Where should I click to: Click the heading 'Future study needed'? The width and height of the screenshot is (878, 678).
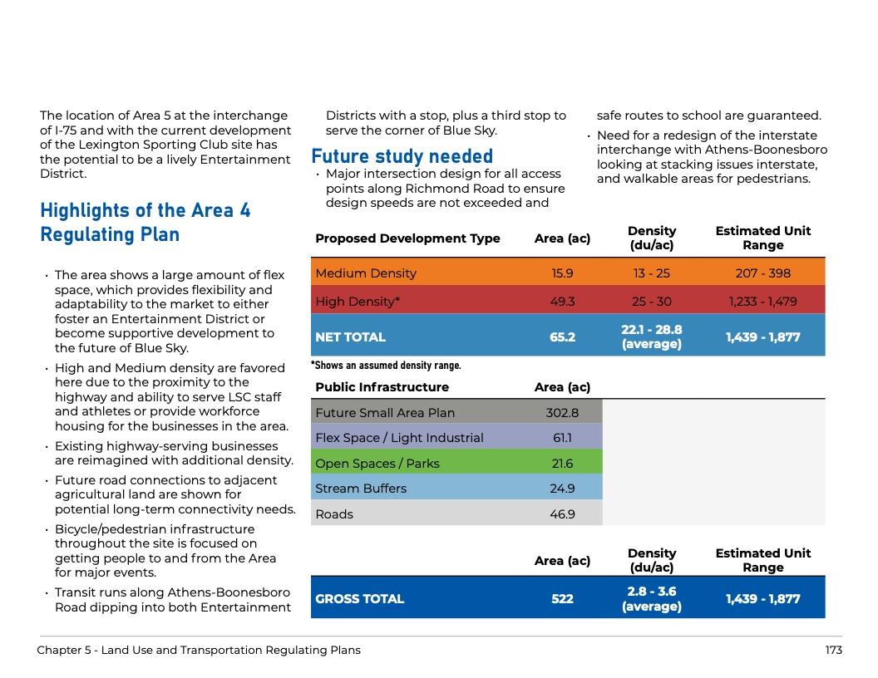click(402, 156)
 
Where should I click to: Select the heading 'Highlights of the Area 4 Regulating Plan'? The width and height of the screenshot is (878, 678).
click(145, 223)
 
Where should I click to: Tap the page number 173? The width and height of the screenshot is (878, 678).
click(833, 650)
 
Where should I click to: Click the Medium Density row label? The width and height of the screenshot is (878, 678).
click(366, 273)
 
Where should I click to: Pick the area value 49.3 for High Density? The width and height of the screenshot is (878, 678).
click(562, 301)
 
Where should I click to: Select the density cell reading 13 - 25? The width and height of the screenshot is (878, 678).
click(651, 273)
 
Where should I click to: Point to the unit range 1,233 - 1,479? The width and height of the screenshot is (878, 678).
click(762, 301)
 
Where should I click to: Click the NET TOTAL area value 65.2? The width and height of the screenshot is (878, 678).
click(562, 337)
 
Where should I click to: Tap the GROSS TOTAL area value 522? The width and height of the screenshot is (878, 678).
click(562, 598)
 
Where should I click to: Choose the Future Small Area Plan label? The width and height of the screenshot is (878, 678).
click(385, 412)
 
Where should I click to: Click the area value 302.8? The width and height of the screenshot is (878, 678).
click(562, 412)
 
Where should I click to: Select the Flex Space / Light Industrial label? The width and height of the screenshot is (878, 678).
click(399, 437)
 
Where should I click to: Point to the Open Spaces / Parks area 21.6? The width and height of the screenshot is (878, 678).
click(562, 463)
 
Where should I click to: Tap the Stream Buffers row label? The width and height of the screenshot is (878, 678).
click(361, 488)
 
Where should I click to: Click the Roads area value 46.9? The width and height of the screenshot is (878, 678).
click(562, 513)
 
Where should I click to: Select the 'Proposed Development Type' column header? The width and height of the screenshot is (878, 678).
click(407, 238)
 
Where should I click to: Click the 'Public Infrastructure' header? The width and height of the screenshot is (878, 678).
click(382, 386)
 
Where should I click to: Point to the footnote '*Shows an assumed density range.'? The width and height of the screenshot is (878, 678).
click(386, 365)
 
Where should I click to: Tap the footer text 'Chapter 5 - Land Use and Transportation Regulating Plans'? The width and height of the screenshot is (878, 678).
click(199, 650)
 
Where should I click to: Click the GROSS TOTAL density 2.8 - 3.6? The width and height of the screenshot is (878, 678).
click(651, 598)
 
